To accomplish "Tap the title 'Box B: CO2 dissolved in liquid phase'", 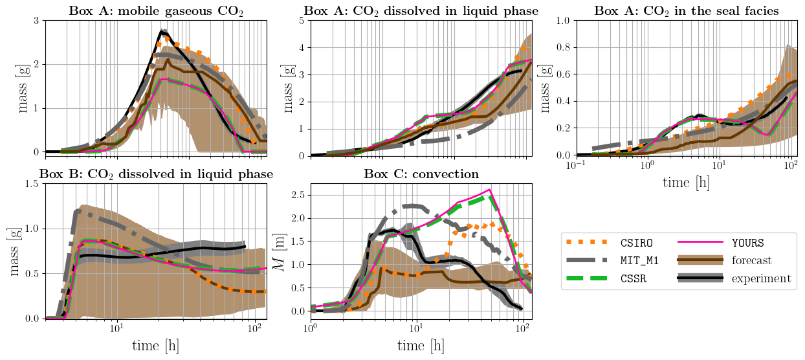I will click(156, 174).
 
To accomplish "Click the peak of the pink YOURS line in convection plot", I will click(490, 190).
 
